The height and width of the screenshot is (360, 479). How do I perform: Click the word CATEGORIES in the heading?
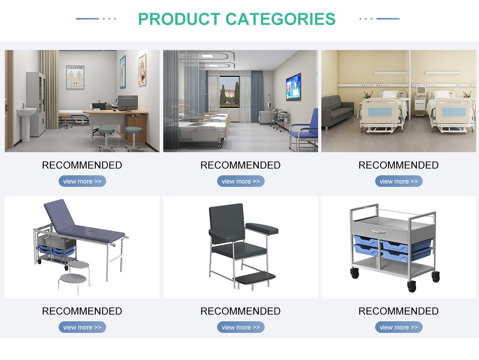pyautogui.click(x=281, y=19)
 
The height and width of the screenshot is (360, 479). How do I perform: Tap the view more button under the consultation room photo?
pyautogui.click(x=82, y=181)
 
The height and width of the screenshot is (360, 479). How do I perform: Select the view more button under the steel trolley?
pyautogui.click(x=399, y=327)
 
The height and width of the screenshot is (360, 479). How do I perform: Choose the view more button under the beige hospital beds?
pyautogui.click(x=399, y=181)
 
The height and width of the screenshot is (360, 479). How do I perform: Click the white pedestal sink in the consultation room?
pyautogui.click(x=27, y=122)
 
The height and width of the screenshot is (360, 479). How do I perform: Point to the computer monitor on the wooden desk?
pyautogui.click(x=128, y=103)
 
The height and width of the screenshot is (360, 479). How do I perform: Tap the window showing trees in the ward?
pyautogui.click(x=229, y=92)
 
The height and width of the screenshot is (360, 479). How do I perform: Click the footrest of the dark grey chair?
pyautogui.click(x=255, y=277)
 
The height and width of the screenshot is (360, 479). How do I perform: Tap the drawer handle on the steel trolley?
pyautogui.click(x=379, y=231)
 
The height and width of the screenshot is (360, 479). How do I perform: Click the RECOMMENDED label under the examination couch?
pyautogui.click(x=82, y=311)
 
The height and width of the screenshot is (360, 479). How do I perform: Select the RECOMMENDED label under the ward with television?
pyautogui.click(x=240, y=165)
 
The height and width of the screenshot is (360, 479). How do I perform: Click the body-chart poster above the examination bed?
pyautogui.click(x=75, y=77)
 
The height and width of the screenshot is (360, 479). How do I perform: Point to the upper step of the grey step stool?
pyautogui.click(x=79, y=265)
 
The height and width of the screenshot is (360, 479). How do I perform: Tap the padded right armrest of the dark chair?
pyautogui.click(x=262, y=228)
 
